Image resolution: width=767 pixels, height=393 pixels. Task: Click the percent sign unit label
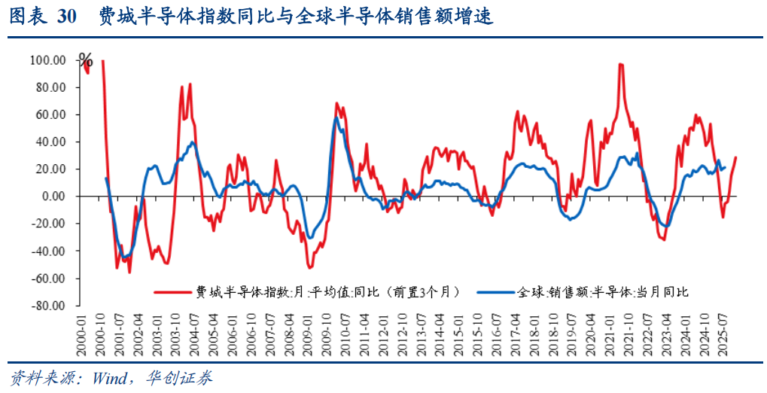tap(86, 61)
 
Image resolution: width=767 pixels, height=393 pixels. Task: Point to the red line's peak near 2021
tap(620, 65)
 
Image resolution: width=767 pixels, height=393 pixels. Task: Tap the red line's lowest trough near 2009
tap(309, 267)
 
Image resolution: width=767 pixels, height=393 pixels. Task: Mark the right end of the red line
tap(735, 157)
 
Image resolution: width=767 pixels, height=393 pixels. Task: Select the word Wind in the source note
tap(109, 377)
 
